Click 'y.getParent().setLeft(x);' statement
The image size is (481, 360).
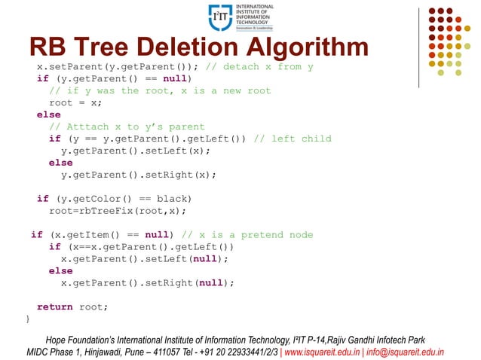tap(135, 151)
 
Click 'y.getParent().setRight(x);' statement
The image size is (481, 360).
tap(138, 175)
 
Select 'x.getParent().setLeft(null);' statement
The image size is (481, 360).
tap(144, 259)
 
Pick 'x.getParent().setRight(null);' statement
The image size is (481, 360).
tap(147, 283)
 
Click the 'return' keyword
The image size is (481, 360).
tap(54, 307)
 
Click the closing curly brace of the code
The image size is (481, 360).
tap(29, 319)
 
